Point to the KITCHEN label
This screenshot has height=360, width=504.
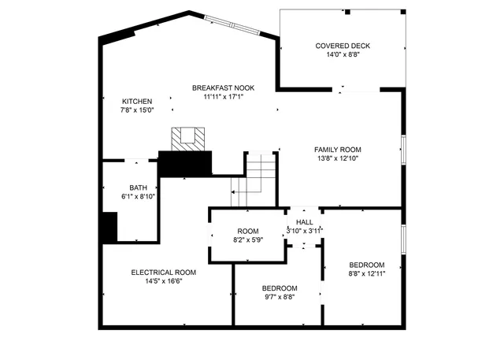(137, 101)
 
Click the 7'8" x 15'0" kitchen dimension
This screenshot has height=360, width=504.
(137, 110)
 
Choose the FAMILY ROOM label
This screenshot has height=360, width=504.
(337, 150)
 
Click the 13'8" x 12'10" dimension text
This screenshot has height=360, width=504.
(337, 159)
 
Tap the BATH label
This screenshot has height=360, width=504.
(139, 187)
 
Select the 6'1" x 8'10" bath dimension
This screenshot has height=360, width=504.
(139, 196)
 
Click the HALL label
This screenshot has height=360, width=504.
(303, 221)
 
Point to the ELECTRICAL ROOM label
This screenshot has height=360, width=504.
(164, 272)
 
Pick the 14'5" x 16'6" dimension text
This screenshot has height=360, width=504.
(164, 281)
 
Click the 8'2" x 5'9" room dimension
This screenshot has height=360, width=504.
(246, 239)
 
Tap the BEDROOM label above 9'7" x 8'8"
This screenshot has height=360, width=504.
(280, 288)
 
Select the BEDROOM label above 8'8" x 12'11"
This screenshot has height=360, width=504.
(367, 264)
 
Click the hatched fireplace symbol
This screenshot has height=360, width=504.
(189, 138)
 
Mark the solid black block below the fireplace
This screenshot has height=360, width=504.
(187, 163)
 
